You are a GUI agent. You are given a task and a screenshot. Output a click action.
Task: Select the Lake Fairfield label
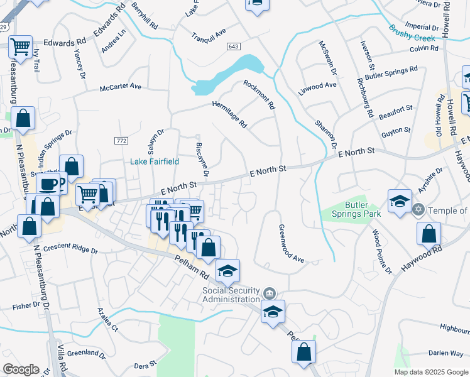[x=155, y=161]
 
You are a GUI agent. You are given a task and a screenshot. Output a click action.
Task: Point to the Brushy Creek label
[x=411, y=33]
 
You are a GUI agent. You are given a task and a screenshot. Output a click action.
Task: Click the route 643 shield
[x=234, y=46]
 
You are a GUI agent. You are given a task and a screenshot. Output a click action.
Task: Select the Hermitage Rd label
[x=229, y=114]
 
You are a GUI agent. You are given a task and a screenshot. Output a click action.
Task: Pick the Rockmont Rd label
[x=259, y=95]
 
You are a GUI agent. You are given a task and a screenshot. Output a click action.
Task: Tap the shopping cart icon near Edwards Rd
[x=21, y=46]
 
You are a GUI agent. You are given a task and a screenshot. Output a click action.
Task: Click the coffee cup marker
[x=48, y=184]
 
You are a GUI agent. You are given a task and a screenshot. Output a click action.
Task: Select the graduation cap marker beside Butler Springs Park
[x=400, y=201]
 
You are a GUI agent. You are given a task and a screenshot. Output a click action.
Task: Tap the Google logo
[x=21, y=369]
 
